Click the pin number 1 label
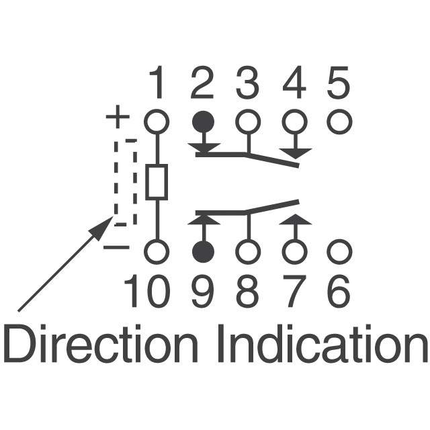(157, 85)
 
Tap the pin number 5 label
(339, 85)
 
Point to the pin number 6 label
(339, 292)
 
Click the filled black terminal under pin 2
(203, 122)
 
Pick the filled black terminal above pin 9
(203, 252)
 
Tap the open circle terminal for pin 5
(339, 122)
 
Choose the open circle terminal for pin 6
(339, 252)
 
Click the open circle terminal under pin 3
(248, 122)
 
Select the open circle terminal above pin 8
(248, 252)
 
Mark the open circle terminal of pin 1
(157, 122)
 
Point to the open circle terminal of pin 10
(157, 252)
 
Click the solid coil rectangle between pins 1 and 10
(157, 183)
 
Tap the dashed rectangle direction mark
(125, 182)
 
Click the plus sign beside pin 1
(118, 119)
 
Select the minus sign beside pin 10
(116, 248)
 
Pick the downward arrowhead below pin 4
(294, 153)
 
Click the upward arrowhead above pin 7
(294, 218)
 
